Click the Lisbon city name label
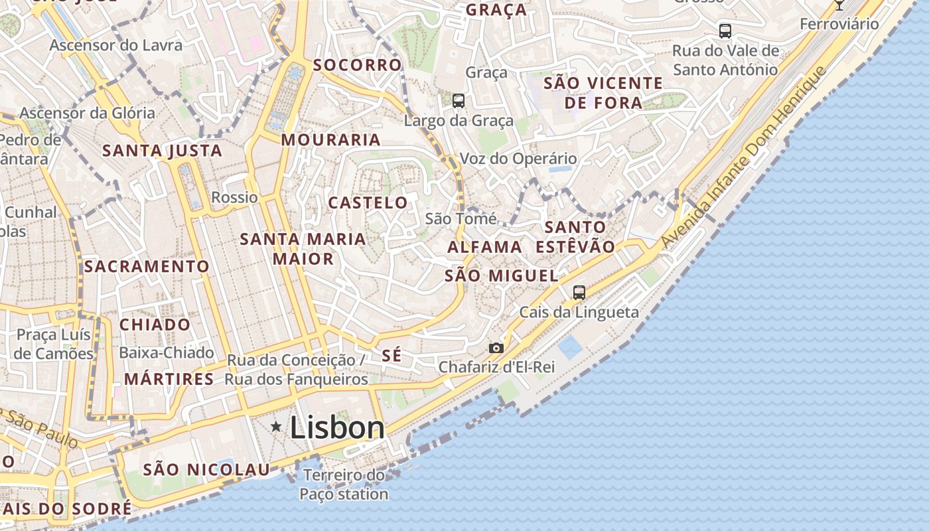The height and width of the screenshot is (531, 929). pyautogui.click(x=337, y=427)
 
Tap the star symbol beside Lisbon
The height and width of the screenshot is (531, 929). pyautogui.click(x=276, y=427)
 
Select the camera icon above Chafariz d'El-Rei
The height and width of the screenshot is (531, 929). pyautogui.click(x=496, y=348)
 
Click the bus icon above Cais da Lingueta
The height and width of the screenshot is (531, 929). pyautogui.click(x=579, y=292)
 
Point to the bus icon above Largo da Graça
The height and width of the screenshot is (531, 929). pyautogui.click(x=459, y=101)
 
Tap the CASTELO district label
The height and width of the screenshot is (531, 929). pyautogui.click(x=368, y=202)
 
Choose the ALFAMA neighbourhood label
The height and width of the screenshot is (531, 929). pyautogui.click(x=484, y=247)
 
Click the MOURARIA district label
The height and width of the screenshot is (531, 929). pyautogui.click(x=330, y=140)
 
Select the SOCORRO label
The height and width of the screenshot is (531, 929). pyautogui.click(x=357, y=65)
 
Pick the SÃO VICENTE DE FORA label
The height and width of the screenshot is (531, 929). pyautogui.click(x=603, y=93)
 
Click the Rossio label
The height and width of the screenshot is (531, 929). pyautogui.click(x=234, y=197)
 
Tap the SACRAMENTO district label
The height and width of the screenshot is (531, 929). pyautogui.click(x=147, y=267)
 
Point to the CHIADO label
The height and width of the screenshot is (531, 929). pyautogui.click(x=155, y=325)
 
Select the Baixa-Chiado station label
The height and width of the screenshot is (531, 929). pyautogui.click(x=166, y=352)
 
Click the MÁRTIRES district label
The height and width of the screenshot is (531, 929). pyautogui.click(x=169, y=380)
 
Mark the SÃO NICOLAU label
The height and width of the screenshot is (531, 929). pyautogui.click(x=207, y=470)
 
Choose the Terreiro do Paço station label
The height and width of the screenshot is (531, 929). pyautogui.click(x=344, y=485)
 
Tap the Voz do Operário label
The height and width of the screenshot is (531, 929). pyautogui.click(x=518, y=159)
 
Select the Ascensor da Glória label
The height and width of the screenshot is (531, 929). pyautogui.click(x=87, y=113)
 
